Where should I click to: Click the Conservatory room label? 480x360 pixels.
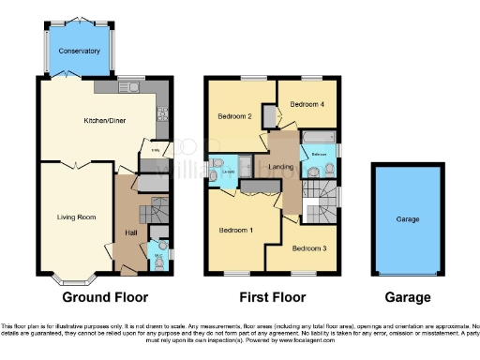[79, 51]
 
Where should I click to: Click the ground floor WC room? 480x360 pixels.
[159, 254]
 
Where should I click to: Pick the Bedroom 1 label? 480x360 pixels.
[234, 230]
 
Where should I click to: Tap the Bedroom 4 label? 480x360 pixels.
[308, 104]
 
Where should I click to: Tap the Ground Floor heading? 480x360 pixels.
[105, 298]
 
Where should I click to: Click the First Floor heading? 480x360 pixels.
[275, 298]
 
